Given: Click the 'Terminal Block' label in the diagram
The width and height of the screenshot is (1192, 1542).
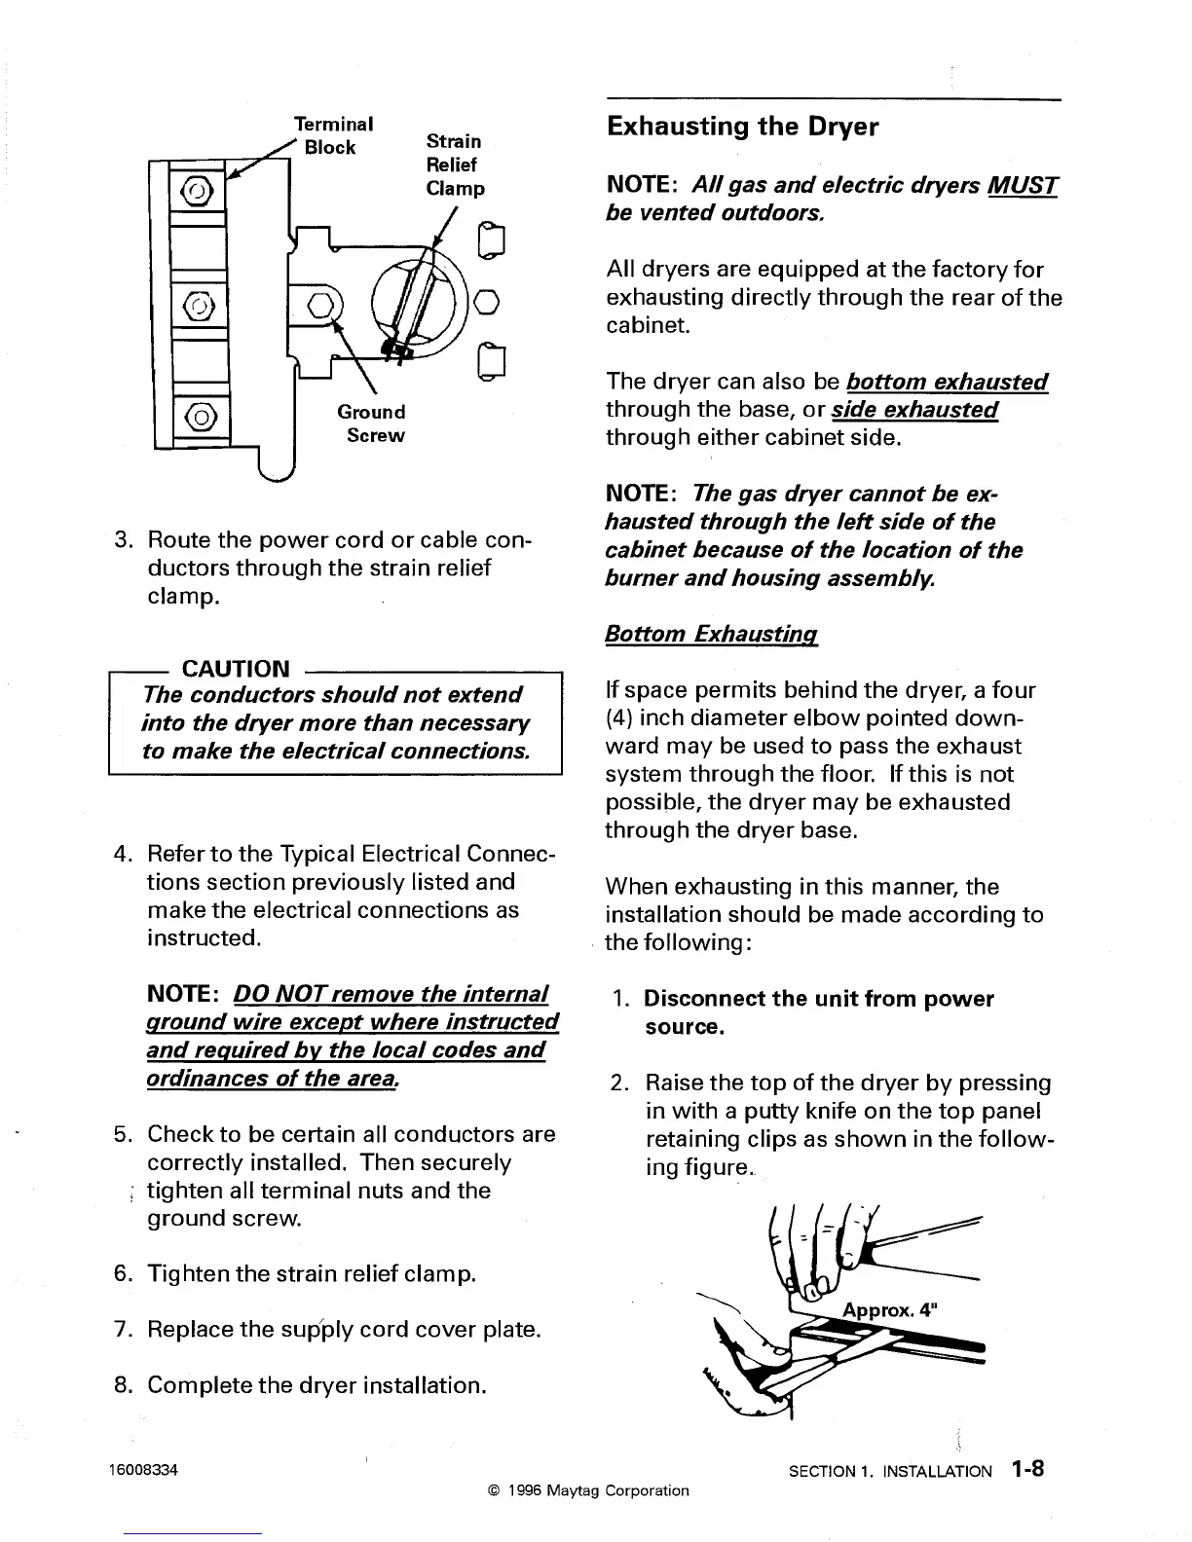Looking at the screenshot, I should pyautogui.click(x=333, y=135).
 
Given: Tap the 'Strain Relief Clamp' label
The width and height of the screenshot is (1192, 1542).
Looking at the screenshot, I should pyautogui.click(x=455, y=164).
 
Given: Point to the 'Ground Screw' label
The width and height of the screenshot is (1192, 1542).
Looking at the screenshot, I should pyautogui.click(x=371, y=423).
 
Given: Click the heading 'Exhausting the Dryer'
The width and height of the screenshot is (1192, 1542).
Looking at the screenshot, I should pyautogui.click(x=742, y=128).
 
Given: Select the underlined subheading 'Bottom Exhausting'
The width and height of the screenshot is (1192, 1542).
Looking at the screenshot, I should pyautogui.click(x=710, y=635).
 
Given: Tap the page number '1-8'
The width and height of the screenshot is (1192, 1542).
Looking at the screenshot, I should pyautogui.click(x=1027, y=1469).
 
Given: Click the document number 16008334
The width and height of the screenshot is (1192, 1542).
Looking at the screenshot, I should pyautogui.click(x=144, y=1469).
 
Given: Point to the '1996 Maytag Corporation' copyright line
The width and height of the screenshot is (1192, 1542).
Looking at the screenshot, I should pyautogui.click(x=587, y=1490).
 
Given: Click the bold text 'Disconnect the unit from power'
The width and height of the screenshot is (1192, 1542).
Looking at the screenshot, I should pyautogui.click(x=819, y=999).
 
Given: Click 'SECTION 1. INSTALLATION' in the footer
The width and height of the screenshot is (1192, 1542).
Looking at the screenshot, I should pyautogui.click(x=890, y=1472).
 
